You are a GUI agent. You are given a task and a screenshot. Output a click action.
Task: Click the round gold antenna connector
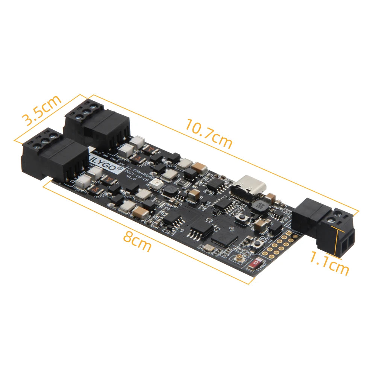[239, 258]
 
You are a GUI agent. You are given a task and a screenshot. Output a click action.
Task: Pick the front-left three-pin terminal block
[55, 156]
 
